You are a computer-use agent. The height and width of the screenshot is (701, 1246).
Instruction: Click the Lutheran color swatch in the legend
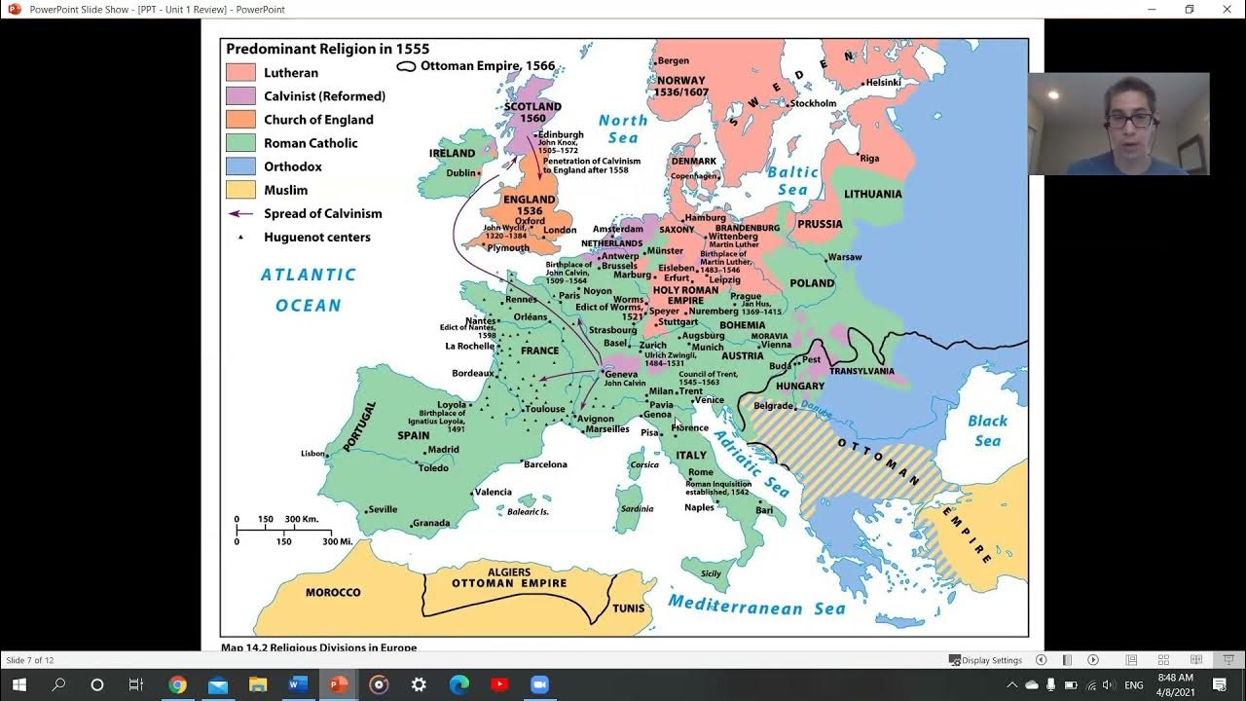click(x=240, y=73)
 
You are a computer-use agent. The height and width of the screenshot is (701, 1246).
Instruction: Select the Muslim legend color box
click(x=240, y=190)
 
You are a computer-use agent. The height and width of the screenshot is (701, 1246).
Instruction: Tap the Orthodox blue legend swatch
click(x=240, y=166)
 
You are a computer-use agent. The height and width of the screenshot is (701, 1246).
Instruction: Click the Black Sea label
click(x=987, y=430)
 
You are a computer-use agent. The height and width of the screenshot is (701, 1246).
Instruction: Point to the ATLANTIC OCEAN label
click(x=308, y=290)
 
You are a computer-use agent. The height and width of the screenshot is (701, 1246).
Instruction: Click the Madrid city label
click(x=443, y=450)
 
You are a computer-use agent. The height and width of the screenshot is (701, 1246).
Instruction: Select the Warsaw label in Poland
click(x=845, y=258)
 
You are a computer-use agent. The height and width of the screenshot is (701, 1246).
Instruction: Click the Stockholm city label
click(x=813, y=103)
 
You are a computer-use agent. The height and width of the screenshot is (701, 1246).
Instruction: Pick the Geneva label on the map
click(x=621, y=374)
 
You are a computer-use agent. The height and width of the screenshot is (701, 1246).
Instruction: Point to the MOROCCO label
click(x=333, y=592)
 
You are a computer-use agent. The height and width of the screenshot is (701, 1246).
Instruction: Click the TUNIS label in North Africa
click(x=629, y=609)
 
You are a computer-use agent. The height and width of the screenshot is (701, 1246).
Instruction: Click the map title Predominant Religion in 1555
click(x=327, y=49)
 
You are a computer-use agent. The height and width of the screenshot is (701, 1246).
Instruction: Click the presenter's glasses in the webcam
click(x=1130, y=120)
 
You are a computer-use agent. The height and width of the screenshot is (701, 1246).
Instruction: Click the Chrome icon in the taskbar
click(x=177, y=684)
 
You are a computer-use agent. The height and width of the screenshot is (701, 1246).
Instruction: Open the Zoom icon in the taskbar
click(x=539, y=684)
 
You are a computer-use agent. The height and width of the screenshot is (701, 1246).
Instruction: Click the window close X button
click(x=1228, y=10)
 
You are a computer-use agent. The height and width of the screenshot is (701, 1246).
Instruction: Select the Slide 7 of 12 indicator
click(x=30, y=660)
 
